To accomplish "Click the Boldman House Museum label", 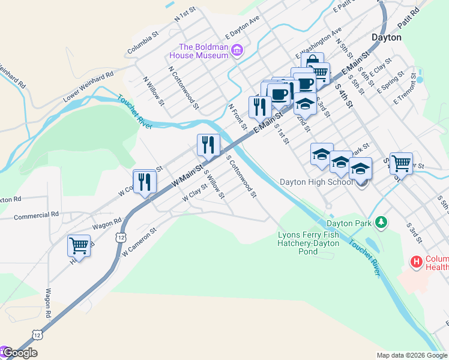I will click(203, 51).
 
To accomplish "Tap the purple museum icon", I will click(237, 50).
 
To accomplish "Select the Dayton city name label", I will click(386, 37).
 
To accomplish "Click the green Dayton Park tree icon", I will click(380, 223).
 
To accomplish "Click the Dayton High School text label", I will click(316, 182).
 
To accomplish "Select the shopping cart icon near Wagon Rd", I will click(79, 245).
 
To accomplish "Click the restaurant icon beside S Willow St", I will click(208, 145).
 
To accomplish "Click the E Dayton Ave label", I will click(242, 27).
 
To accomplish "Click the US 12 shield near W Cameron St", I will click(121, 238).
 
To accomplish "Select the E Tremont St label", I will click(406, 88).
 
